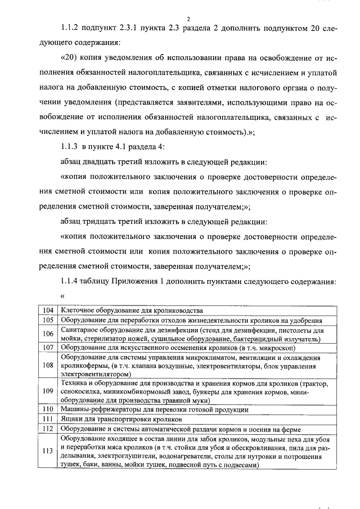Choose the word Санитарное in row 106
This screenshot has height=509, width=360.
[x=79, y=330]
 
